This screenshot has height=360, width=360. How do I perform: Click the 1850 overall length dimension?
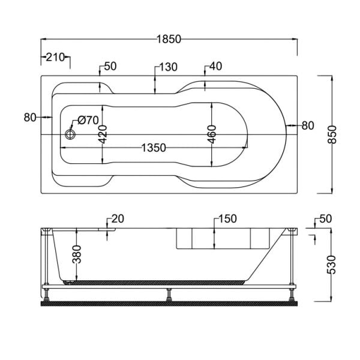tap(169, 39)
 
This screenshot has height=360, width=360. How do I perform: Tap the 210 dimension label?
tap(55, 57)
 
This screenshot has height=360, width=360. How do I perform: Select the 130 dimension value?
tap(168, 67)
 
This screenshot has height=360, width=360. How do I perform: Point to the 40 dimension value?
tap(216, 66)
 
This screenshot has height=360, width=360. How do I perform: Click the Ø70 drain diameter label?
tap(88, 120)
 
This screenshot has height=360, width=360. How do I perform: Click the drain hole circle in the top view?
tap(70, 134)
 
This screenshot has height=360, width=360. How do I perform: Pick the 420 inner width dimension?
tap(103, 134)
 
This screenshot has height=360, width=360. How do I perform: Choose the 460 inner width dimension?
tap(212, 134)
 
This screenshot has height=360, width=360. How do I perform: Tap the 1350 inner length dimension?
tap(154, 148)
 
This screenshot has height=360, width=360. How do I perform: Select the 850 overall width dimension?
tap(332, 134)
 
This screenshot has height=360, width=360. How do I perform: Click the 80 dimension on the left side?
tap(30, 118)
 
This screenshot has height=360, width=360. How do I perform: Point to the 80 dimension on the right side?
tap(308, 125)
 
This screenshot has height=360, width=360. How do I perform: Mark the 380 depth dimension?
tap(77, 254)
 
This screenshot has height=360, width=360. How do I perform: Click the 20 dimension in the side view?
tap(118, 219)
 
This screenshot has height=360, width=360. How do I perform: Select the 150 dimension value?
tap(227, 219)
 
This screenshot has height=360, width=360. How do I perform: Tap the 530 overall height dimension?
tap(331, 265)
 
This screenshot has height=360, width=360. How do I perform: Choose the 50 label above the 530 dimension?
tap(326, 219)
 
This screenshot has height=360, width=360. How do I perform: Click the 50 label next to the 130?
tap(110, 67)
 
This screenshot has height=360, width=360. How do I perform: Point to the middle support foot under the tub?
tap(169, 295)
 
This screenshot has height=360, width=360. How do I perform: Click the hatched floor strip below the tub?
tap(169, 304)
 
